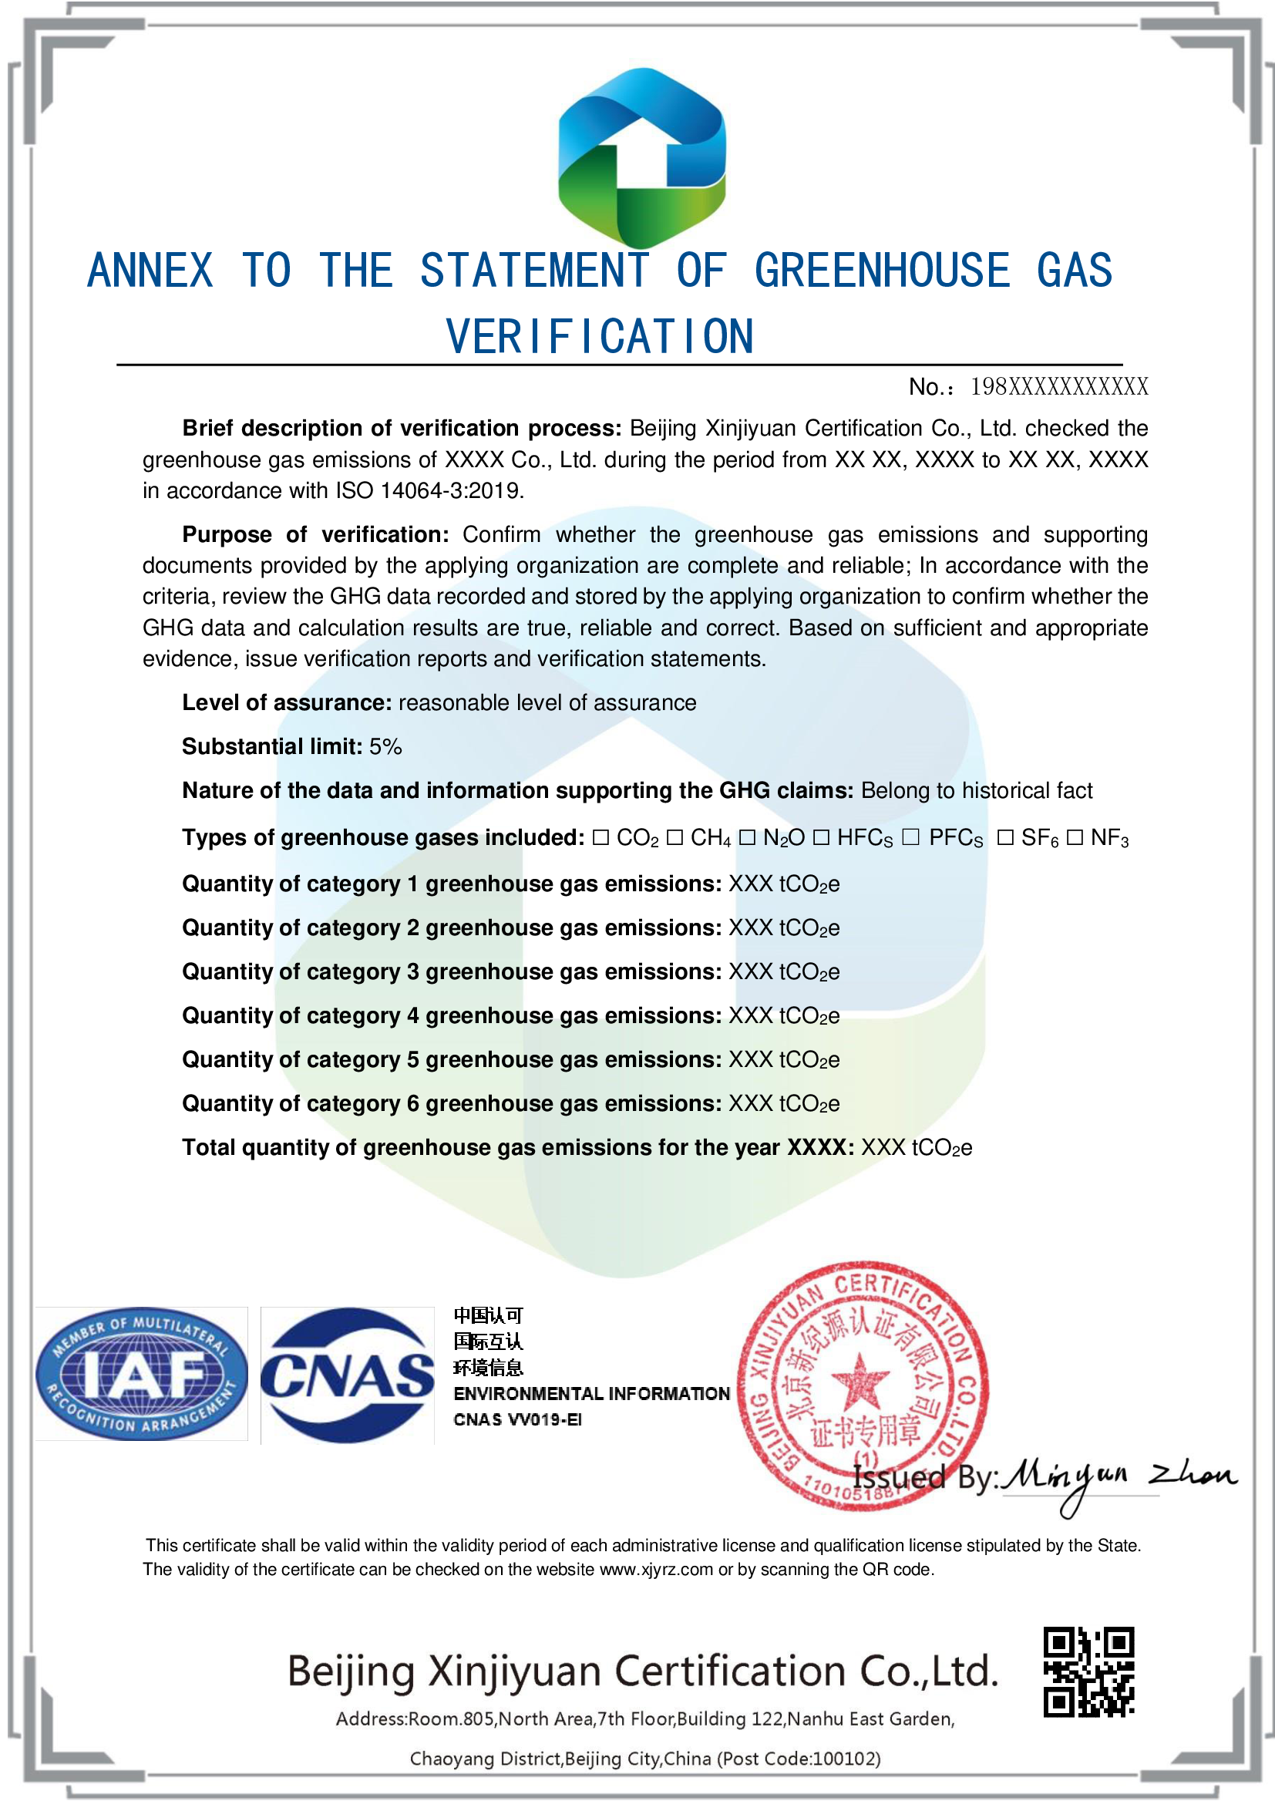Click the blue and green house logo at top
641,157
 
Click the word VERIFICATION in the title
600,337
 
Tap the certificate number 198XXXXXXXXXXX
1058,387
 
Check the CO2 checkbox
600,838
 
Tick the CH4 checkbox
675,838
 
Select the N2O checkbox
747,838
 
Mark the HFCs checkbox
821,838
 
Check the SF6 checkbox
1005,838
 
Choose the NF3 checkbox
1075,838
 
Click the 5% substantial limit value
385,746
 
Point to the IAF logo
141,1374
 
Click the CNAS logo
347,1375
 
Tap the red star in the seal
860,1381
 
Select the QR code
1088,1671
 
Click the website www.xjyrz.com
655,1570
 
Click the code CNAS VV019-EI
517,1419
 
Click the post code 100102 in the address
845,1759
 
